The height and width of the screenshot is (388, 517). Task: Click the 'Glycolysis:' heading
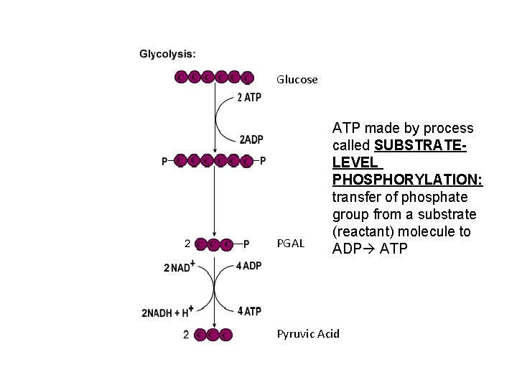click(x=167, y=54)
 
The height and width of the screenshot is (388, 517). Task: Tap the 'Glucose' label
click(x=297, y=80)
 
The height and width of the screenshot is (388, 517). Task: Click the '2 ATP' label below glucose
click(x=248, y=98)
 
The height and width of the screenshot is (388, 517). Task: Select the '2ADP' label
click(x=251, y=139)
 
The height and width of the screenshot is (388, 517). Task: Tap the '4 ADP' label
click(x=248, y=267)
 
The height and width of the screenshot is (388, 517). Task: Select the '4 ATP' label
click(x=248, y=311)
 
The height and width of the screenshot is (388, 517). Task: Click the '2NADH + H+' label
click(x=168, y=313)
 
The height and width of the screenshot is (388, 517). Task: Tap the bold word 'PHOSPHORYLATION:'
click(x=407, y=180)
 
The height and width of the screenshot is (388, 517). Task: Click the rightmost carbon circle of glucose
click(x=248, y=77)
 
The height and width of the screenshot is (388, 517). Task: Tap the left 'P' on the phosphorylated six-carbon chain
click(x=166, y=161)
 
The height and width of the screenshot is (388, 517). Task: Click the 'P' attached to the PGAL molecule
click(x=246, y=244)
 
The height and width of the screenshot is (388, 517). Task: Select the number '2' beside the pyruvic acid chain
click(x=186, y=334)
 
